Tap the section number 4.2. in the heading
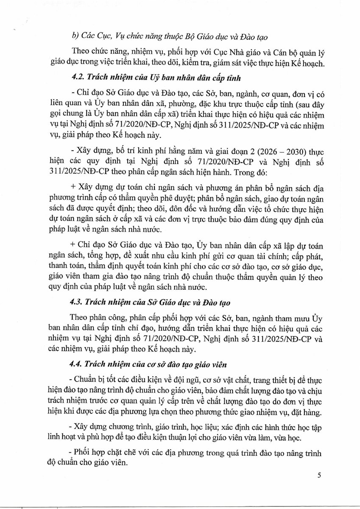(78, 78)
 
